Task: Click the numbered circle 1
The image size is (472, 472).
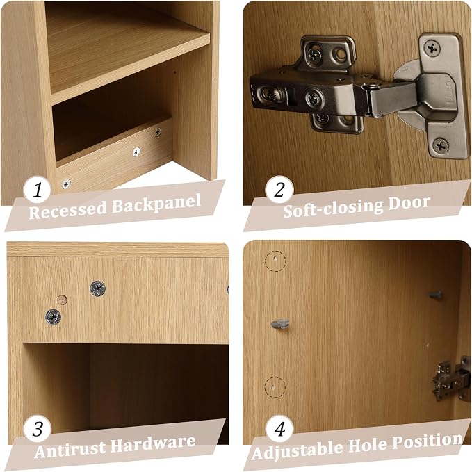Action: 37,190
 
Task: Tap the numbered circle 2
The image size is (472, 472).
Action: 279,190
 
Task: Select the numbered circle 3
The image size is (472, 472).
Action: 38,429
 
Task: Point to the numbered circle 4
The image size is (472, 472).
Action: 279,429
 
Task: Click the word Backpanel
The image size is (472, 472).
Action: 156,204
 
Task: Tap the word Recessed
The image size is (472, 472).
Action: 67,211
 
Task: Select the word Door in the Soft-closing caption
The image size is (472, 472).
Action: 409,204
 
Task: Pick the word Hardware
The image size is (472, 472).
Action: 154,443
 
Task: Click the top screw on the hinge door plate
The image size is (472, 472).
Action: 432,48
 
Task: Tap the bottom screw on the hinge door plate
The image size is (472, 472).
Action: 440,146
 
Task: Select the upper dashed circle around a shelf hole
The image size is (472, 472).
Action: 275,261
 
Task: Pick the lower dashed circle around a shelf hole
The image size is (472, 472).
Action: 275,387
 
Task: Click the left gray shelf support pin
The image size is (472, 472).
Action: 280,324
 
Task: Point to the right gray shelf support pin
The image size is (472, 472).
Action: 436,295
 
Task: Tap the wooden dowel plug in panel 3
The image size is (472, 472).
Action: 62,300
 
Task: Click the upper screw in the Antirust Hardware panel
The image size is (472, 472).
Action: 97,288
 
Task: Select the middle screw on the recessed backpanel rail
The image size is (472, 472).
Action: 136,152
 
